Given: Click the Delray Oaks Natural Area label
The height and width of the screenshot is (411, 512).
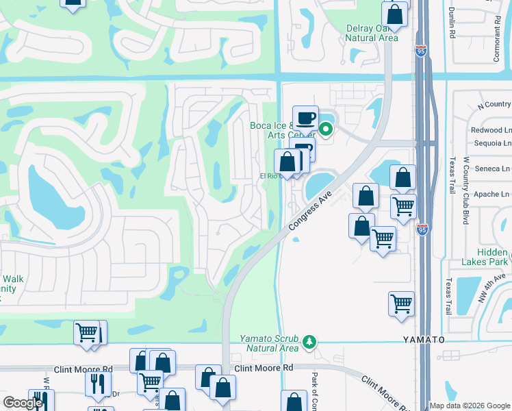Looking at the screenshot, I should [x=371, y=33].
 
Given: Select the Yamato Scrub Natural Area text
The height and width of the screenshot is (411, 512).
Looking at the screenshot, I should [x=268, y=343].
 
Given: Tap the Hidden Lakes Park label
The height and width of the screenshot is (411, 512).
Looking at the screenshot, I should [x=484, y=257].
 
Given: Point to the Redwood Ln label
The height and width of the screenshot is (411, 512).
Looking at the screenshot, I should [x=491, y=130].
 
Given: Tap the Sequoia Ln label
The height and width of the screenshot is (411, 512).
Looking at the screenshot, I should [x=491, y=144].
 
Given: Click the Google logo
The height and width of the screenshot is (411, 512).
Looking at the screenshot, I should [x=23, y=403].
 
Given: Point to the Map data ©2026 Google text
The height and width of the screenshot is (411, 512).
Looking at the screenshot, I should [x=470, y=406].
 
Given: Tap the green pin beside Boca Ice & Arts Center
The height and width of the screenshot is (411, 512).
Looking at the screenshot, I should [x=327, y=128].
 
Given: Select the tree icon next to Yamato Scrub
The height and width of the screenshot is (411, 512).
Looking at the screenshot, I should [x=310, y=341].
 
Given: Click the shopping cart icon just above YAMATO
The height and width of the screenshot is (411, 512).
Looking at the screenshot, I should [x=401, y=303].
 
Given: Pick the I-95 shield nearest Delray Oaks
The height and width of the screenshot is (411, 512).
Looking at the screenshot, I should [x=420, y=50].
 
